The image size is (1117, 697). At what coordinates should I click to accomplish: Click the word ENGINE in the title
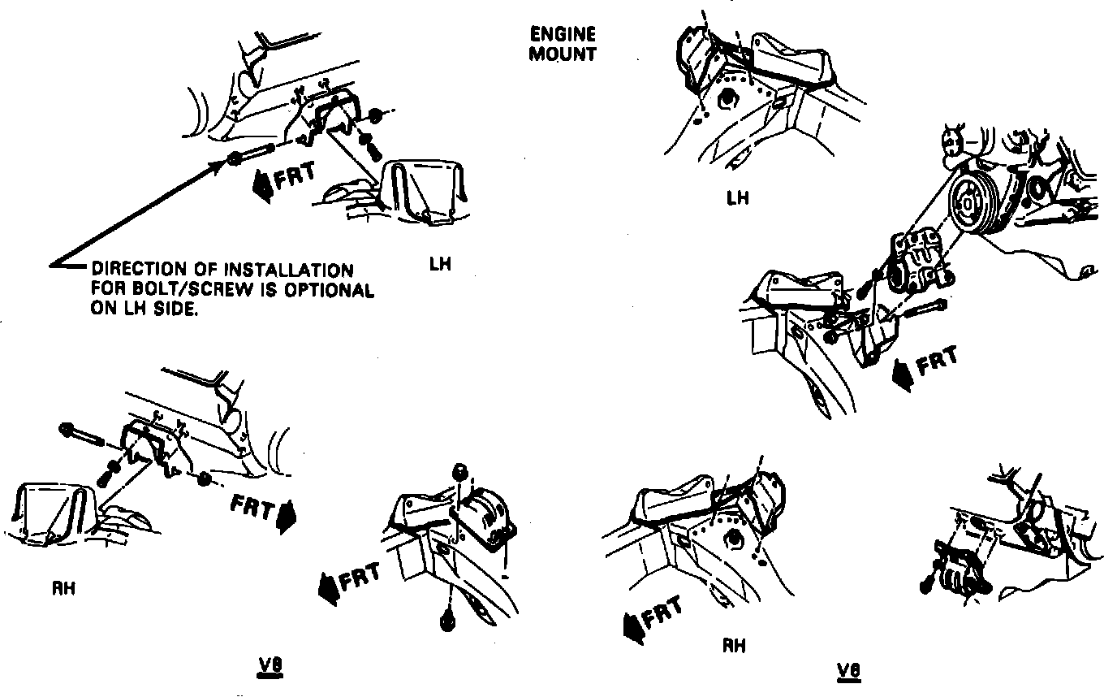coord(563,35)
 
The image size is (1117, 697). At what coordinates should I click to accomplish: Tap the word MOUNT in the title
coord(563,55)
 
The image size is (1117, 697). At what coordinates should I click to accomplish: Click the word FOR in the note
coord(105,289)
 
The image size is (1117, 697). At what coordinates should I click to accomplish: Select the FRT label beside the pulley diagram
coord(936,360)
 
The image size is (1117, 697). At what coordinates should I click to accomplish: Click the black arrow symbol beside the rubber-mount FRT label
coord(329,587)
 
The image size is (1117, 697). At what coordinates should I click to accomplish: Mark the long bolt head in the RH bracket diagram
coord(66,428)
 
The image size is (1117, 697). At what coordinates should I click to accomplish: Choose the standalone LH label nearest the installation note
coord(439,264)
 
